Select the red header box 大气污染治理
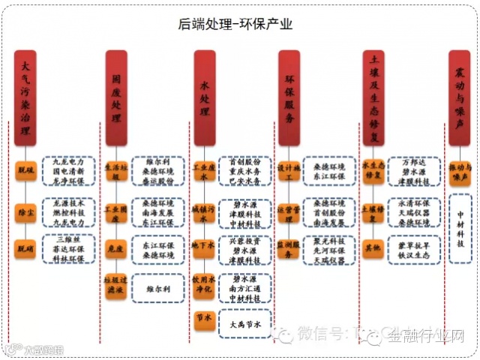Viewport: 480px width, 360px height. tap(28, 97)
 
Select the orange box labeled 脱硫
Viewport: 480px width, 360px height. tap(27, 170)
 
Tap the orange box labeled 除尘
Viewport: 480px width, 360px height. tap(27, 212)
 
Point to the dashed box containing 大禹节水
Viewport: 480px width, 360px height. tap(244, 324)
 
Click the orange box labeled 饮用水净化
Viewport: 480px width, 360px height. tap(204, 284)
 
